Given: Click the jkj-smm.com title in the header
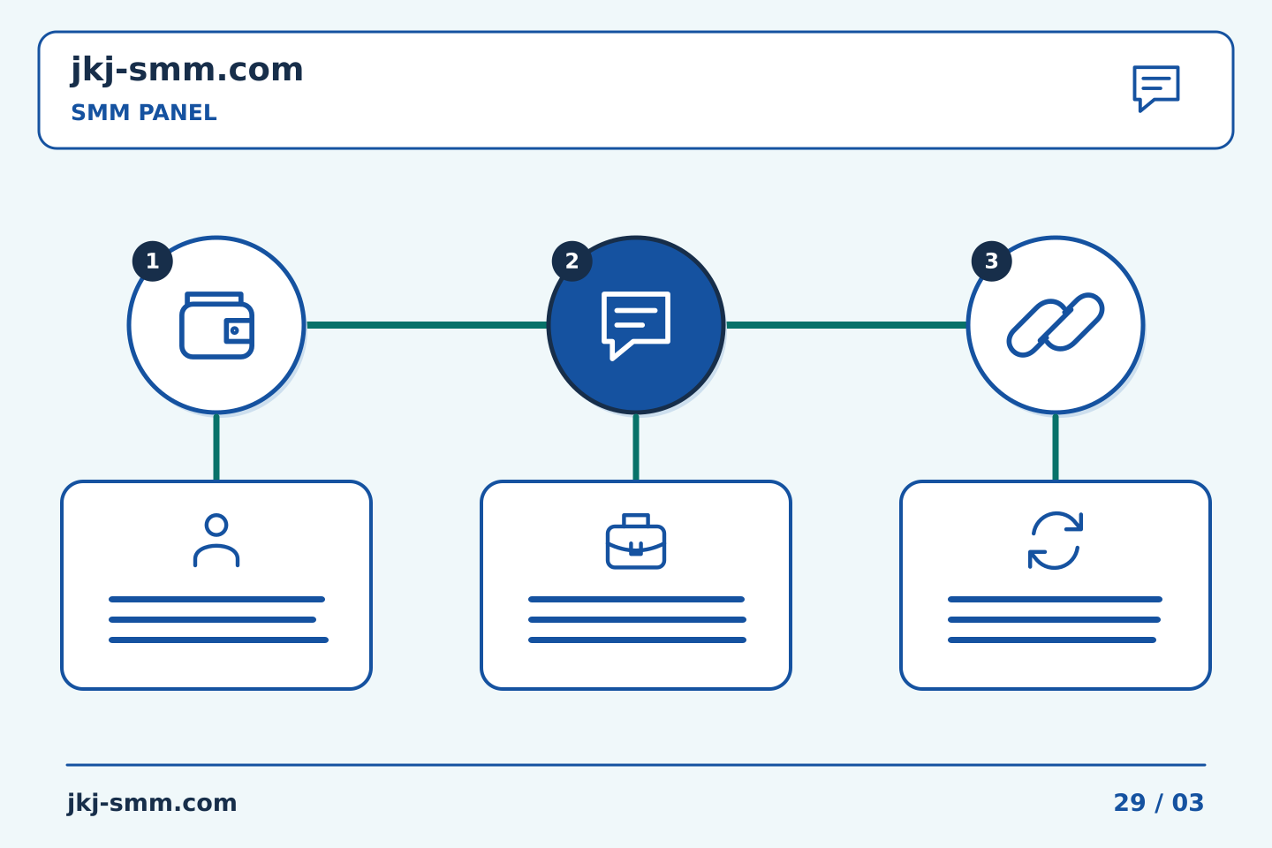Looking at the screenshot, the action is click(187, 71).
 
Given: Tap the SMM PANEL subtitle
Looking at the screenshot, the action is click(144, 112).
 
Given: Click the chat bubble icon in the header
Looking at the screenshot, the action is click(1156, 88).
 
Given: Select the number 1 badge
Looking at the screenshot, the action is click(152, 261).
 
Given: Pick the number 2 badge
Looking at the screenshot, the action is click(572, 261).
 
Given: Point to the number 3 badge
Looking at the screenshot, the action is click(991, 261).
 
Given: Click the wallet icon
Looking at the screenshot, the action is click(216, 325).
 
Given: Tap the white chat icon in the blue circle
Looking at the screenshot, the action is click(635, 325).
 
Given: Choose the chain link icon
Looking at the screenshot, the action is click(1056, 325).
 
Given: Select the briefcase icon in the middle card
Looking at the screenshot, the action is click(636, 541).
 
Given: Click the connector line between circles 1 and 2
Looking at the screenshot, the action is click(427, 325).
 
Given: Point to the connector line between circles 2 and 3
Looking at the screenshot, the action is click(846, 325).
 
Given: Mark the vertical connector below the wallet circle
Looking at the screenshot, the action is click(216, 448).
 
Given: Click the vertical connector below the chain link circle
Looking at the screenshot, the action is click(1056, 448).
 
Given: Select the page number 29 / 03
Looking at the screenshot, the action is click(1158, 803).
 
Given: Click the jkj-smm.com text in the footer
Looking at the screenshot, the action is click(152, 803).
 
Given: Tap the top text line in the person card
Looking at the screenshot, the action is click(217, 599).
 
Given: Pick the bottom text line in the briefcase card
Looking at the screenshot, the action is click(637, 640).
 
